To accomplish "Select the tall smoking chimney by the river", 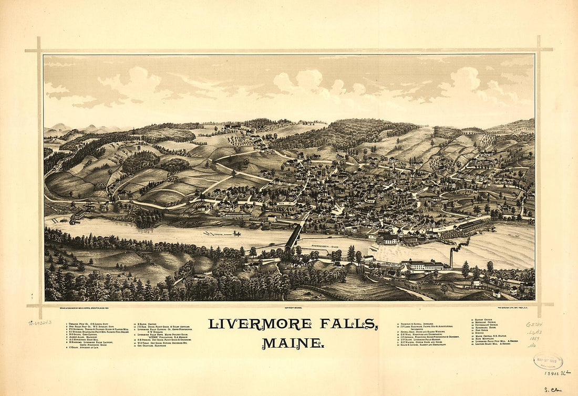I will (451, 258).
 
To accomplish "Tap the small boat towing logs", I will (236, 233).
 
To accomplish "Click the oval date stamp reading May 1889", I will (548, 361).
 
